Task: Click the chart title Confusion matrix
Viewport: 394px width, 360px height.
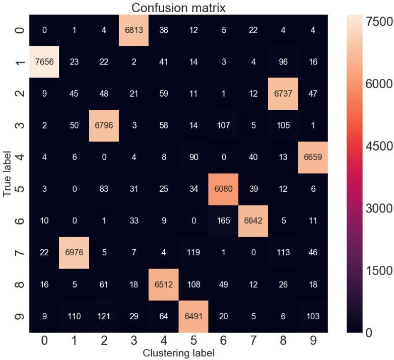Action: click(178, 8)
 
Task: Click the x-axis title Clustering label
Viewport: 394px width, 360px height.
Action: click(178, 353)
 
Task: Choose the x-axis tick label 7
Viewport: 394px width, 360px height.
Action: click(252, 340)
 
